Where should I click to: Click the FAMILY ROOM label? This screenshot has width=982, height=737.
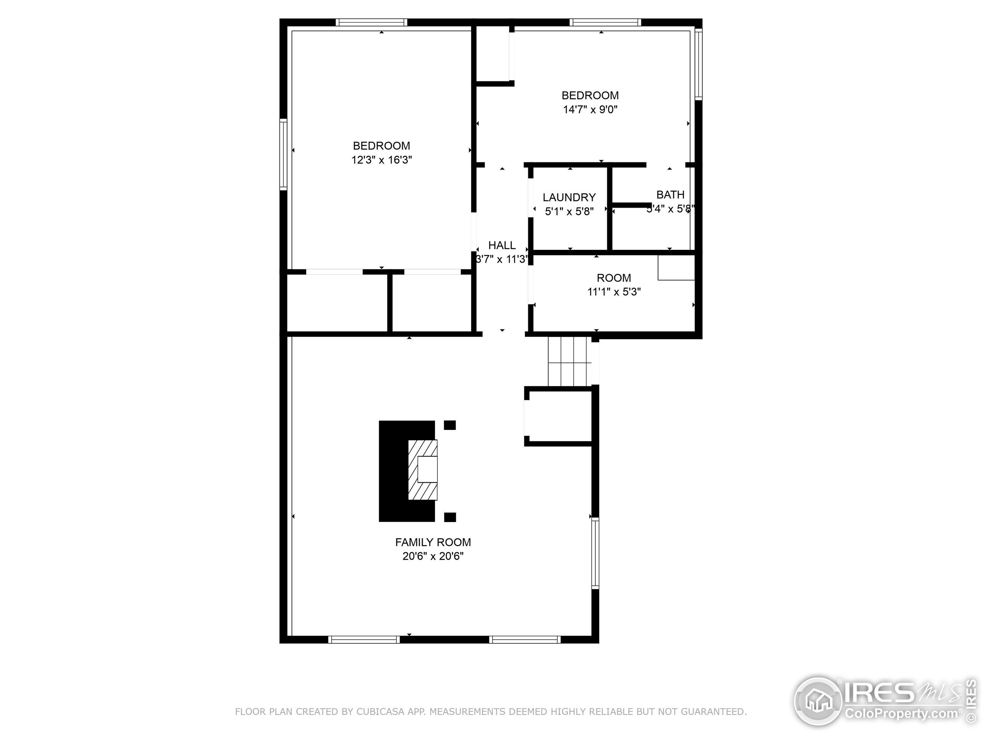click(433, 542)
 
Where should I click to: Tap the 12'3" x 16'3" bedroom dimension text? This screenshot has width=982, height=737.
click(382, 160)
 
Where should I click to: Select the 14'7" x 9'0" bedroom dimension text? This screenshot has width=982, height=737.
click(590, 109)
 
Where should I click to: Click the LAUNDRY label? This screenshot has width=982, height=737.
click(569, 197)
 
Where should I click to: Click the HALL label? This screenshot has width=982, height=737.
click(502, 245)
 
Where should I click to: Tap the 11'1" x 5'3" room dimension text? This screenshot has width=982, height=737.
click(614, 292)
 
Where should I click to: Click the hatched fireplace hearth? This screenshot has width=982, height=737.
click(422, 469)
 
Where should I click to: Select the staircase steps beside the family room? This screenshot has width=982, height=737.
click(570, 361)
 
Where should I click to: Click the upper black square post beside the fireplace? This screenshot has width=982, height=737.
click(450, 425)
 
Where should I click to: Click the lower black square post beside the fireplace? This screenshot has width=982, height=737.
click(450, 517)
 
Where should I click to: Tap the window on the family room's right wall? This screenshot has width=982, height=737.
click(595, 553)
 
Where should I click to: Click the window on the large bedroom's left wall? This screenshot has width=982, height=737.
click(283, 154)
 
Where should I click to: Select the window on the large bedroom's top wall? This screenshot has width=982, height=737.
click(371, 22)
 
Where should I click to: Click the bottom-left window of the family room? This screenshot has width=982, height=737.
click(364, 640)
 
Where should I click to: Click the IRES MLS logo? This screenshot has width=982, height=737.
click(883, 702)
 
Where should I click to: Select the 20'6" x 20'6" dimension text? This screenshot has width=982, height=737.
click(433, 556)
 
